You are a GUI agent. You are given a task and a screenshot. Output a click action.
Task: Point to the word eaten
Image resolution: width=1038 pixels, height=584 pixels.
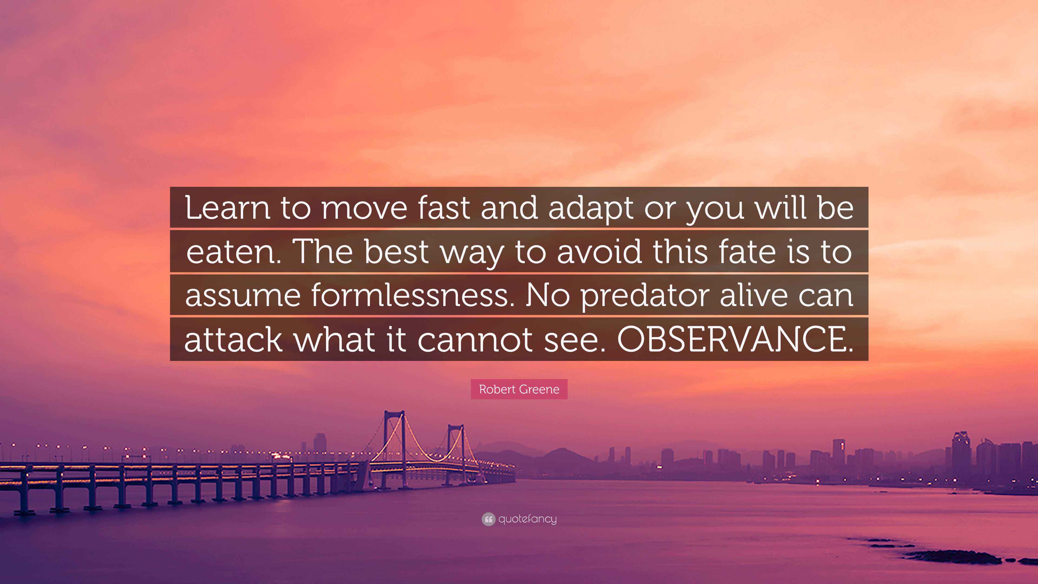pos(233,252)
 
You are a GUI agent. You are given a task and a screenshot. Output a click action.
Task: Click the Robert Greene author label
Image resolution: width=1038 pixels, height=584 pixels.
pos(519,389)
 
